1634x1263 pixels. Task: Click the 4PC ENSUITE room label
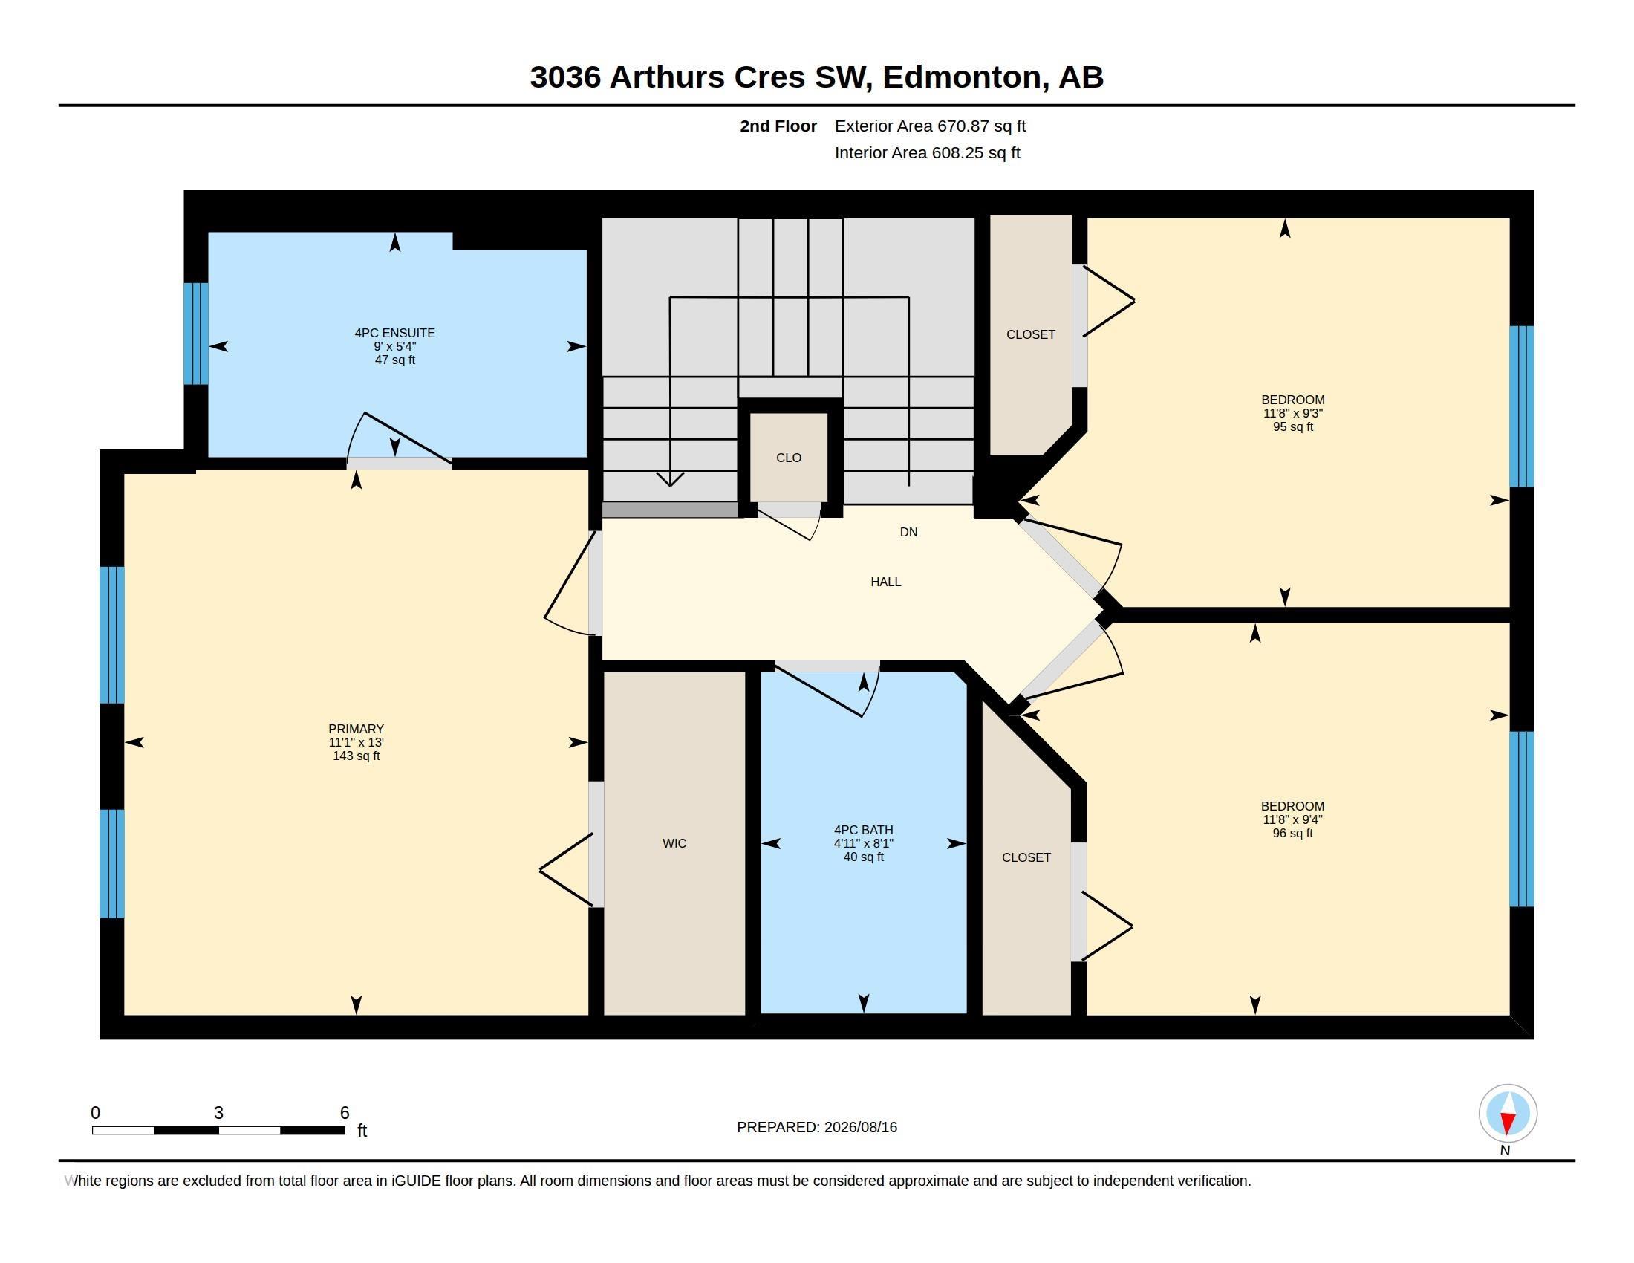pos(394,333)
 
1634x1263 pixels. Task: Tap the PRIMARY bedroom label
pos(356,729)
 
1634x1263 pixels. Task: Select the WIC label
pos(674,843)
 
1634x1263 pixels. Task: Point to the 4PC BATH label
pos(863,830)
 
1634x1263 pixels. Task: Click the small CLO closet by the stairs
pos(789,458)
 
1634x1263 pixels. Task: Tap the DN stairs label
pos(908,532)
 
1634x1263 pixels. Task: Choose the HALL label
pos(886,582)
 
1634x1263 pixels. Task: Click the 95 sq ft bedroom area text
pos(1293,426)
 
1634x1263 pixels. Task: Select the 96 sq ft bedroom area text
pos(1293,833)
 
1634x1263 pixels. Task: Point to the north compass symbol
pos(1508,1114)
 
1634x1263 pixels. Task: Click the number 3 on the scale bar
pos(218,1113)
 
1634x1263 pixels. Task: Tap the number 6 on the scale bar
pos(345,1113)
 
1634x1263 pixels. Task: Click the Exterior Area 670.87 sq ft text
pos(930,126)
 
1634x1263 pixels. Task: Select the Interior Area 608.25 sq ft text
pos(927,152)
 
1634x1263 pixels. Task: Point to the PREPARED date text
pos(817,1127)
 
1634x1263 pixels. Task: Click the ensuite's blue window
pos(196,334)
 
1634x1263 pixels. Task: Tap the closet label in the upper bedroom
pos(1031,334)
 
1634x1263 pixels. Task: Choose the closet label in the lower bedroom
pos(1026,857)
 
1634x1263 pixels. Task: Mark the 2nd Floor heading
pos(778,126)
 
